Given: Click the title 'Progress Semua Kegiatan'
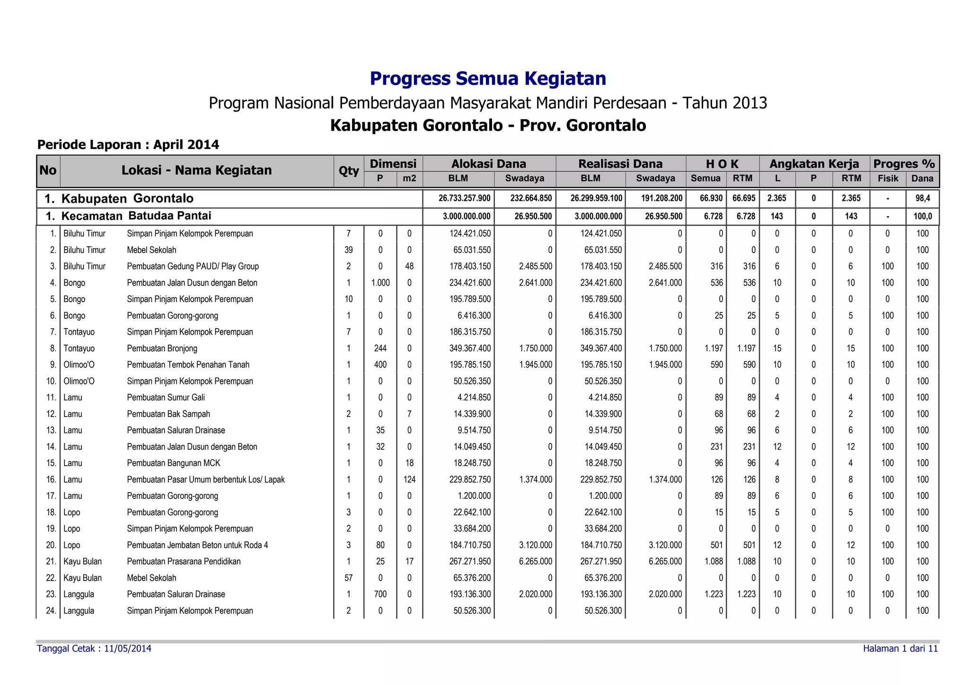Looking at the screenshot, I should (488, 78).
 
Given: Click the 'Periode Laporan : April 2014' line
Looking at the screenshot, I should (128, 145).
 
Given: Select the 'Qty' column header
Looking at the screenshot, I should (349, 171).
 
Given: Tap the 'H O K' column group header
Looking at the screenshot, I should (722, 164).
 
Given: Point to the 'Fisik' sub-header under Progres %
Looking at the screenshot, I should (888, 179).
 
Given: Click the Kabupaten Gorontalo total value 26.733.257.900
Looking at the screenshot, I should (464, 198).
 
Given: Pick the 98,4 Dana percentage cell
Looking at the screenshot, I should (922, 198).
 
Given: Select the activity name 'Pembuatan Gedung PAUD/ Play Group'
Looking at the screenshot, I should (193, 266).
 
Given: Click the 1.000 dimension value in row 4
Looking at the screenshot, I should (380, 283).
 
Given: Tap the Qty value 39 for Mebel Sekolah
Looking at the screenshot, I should (349, 250).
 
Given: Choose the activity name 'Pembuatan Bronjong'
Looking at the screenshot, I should (162, 348).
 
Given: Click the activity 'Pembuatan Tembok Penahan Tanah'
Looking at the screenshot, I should (188, 364).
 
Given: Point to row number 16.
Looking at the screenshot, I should (51, 479).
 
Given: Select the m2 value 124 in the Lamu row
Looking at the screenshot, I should (409, 479).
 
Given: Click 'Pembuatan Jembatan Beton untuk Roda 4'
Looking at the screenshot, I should (197, 545).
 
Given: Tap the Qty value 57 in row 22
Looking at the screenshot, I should (349, 578).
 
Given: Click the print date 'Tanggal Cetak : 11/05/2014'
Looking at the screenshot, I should (94, 649).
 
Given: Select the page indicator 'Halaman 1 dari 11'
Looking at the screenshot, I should (900, 649).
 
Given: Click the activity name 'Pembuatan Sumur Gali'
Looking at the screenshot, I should (166, 398).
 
